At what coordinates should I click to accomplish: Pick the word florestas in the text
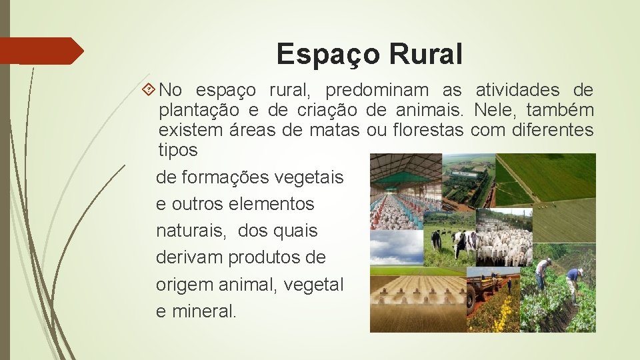pos(428,130)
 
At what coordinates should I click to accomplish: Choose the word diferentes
pos(552,130)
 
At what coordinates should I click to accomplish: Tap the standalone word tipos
pos(178,150)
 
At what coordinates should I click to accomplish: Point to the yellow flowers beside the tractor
pos(504,313)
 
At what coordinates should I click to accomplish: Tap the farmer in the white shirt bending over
pos(543,273)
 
